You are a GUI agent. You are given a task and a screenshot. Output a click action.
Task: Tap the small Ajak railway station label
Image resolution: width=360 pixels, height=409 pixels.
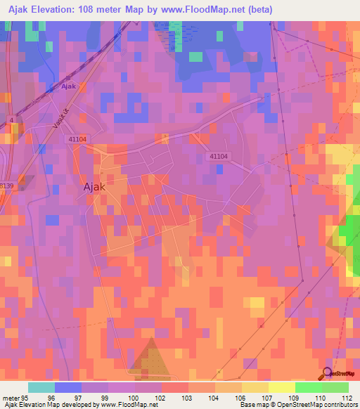point(68,86)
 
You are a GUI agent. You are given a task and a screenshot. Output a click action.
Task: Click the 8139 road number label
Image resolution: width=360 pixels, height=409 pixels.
point(6,185)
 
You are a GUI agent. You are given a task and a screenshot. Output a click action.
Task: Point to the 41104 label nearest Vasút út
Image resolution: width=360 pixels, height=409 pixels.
point(77,140)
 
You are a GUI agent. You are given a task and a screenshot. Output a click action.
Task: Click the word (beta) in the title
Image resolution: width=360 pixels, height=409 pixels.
point(259,9)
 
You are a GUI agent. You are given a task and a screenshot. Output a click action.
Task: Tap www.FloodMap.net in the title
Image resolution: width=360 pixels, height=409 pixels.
point(204,9)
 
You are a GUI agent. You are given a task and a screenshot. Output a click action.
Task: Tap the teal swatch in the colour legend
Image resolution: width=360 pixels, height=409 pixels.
point(41,387)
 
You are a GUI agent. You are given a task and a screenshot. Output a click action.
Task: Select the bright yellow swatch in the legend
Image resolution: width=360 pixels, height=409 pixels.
point(281,387)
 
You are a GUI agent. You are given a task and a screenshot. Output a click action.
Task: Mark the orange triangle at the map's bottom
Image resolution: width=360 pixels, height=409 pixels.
point(148,356)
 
